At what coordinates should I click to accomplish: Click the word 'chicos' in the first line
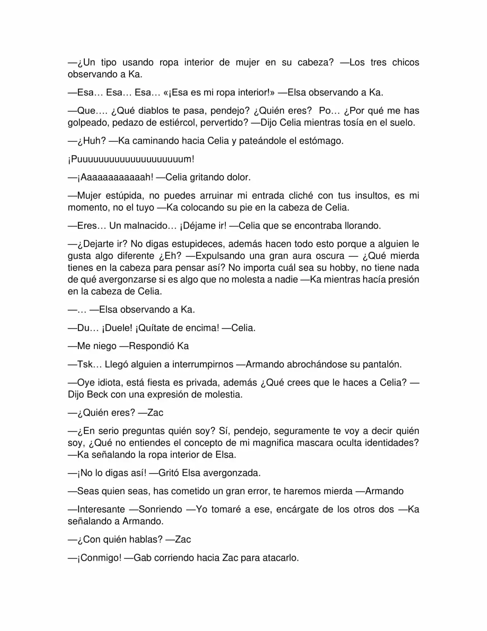(x=406, y=62)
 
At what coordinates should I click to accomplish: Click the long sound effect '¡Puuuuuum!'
(x=131, y=159)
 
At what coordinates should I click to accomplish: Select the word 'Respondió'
(x=152, y=346)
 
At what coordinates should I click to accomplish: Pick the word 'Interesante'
(x=101, y=509)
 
